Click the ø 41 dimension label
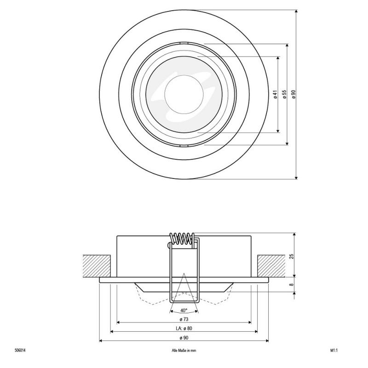pos(275,94)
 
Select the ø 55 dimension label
pos(284,94)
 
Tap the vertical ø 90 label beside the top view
pos(293,94)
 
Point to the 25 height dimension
pos(292,256)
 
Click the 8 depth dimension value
pos(292,284)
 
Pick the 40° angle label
pos(184,310)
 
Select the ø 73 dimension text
pos(184,319)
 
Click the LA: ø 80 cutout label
pos(184,328)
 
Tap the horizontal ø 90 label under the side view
pos(184,338)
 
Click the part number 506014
pos(20,351)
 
